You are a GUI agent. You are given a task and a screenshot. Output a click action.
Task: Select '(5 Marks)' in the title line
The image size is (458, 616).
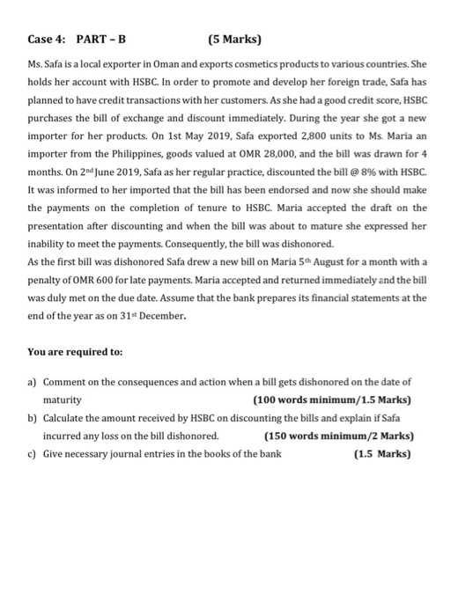238,40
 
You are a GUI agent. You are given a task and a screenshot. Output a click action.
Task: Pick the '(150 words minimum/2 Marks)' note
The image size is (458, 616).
339,436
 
